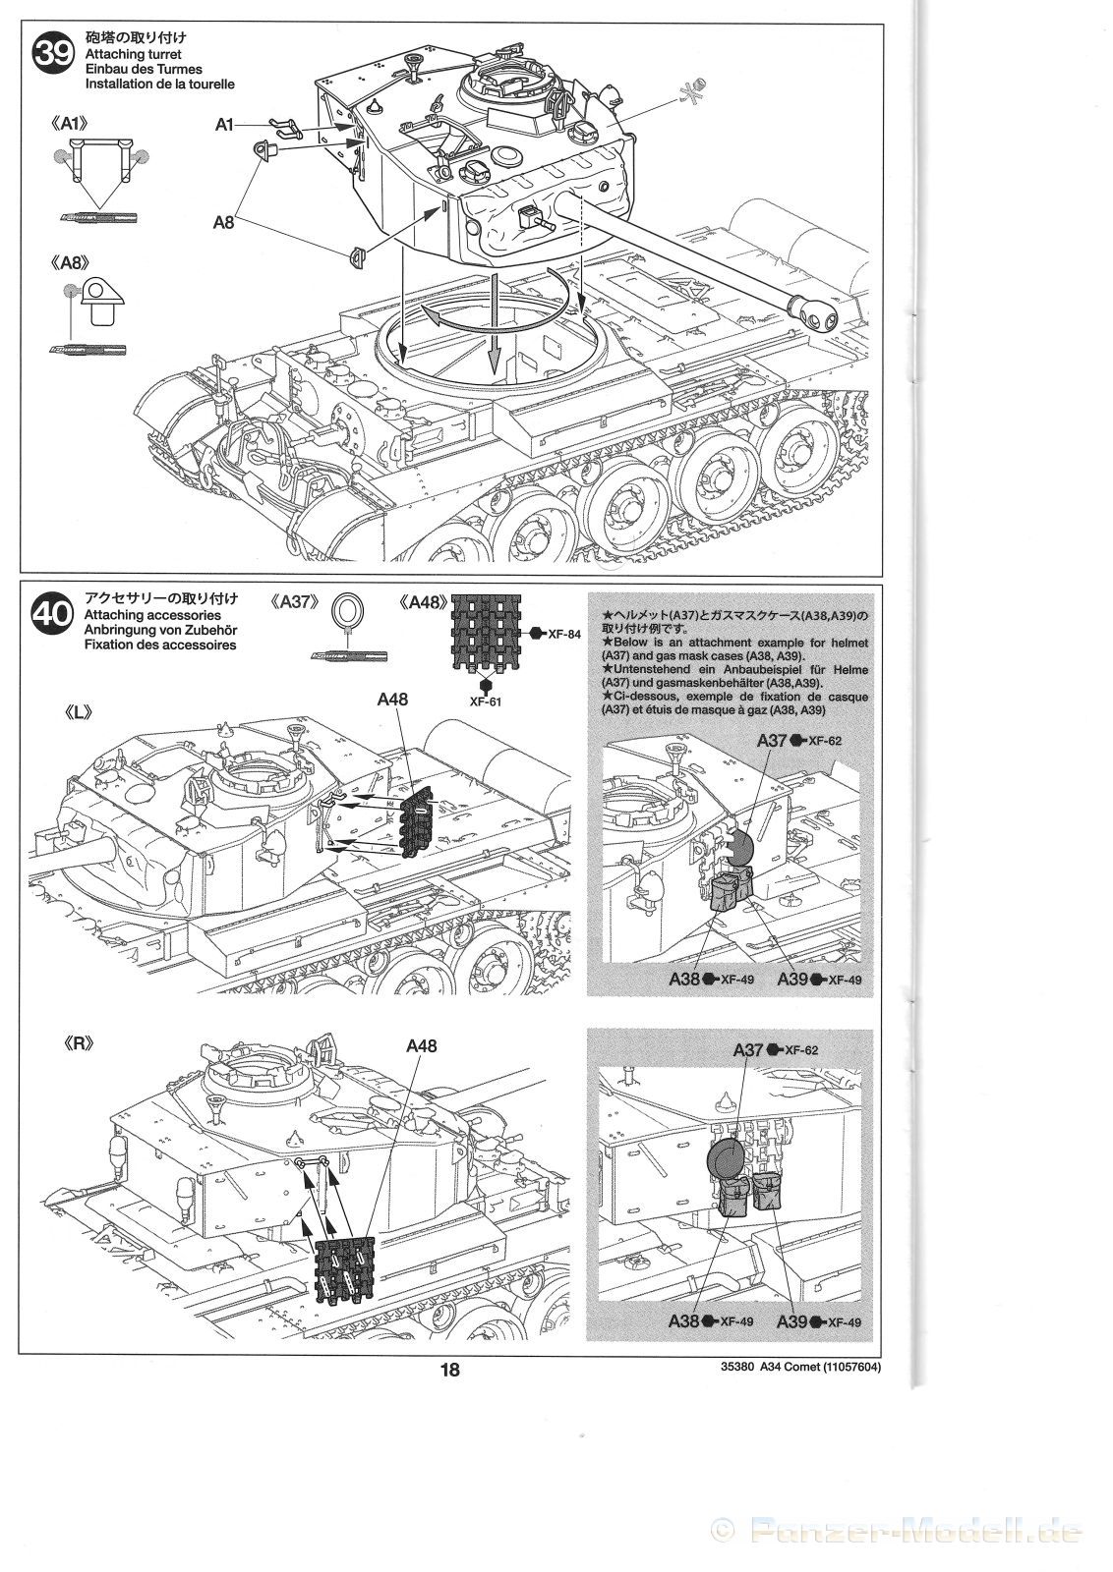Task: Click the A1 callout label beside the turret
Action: click(225, 124)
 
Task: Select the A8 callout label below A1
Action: click(224, 223)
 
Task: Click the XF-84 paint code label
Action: click(563, 634)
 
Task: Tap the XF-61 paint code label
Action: click(485, 702)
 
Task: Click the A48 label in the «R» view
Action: click(421, 1046)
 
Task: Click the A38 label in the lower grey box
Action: click(684, 1321)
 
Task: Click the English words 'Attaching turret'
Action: click(133, 55)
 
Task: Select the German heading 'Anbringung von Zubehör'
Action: click(160, 630)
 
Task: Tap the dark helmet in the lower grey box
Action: click(726, 1160)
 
